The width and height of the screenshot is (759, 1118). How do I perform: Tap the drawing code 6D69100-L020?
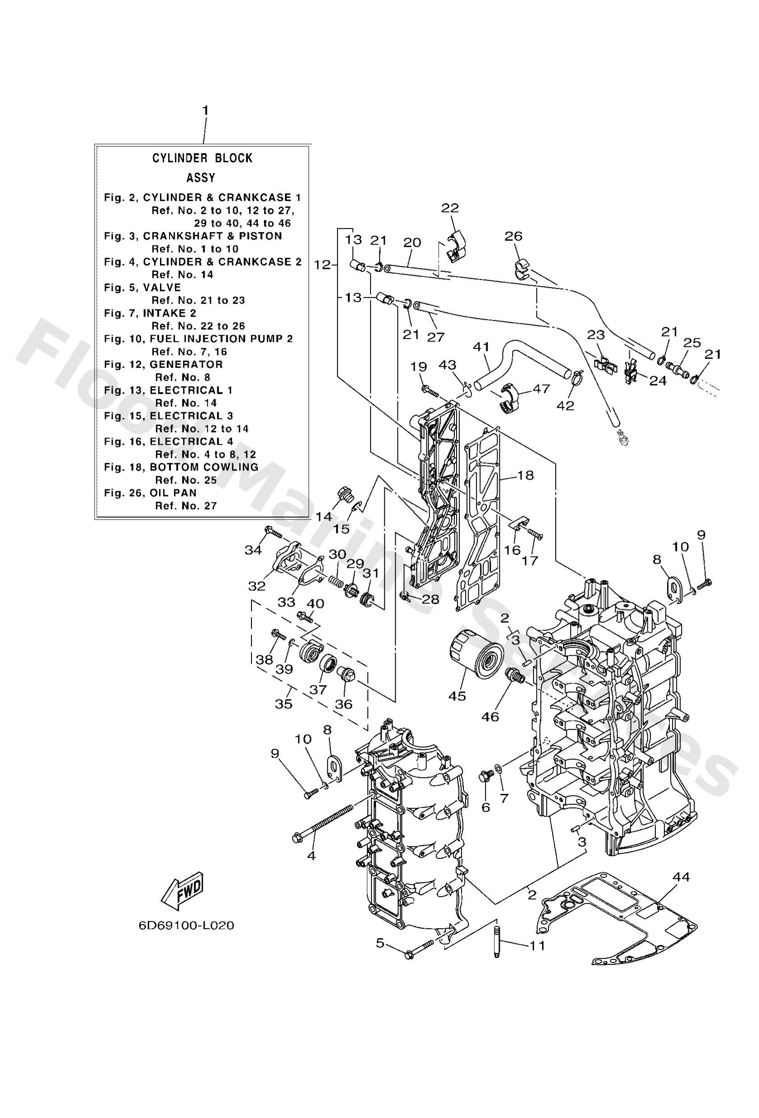186,926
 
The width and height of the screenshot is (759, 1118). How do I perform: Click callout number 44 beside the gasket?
681,876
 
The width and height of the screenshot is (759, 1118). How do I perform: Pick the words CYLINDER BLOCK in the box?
202,158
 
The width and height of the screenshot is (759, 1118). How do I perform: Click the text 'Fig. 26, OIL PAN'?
150,493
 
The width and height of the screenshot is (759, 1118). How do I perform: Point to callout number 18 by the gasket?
526,475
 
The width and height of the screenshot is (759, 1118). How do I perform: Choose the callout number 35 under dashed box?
283,703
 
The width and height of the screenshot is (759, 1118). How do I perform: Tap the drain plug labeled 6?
485,776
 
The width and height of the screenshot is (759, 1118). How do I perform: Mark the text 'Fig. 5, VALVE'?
142,287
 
